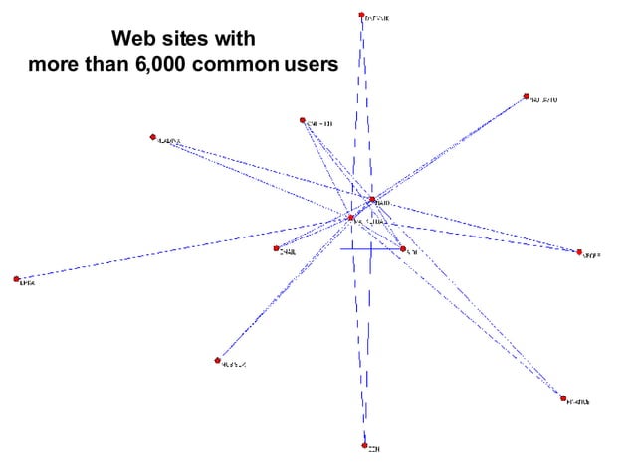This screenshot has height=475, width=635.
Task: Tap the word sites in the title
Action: click(x=182, y=40)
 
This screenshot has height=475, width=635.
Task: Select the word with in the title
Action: click(x=234, y=40)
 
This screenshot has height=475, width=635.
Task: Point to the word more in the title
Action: click(x=56, y=65)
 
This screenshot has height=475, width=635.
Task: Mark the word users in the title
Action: click(x=312, y=65)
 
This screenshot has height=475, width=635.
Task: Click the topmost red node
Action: click(x=361, y=16)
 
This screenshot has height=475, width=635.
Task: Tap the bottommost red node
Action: click(x=365, y=446)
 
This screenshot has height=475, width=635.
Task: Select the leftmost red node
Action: click(x=17, y=279)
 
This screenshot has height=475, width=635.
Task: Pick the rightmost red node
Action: click(x=579, y=252)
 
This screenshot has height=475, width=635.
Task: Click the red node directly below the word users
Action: click(x=302, y=121)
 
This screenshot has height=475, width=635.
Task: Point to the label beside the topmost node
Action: click(x=377, y=18)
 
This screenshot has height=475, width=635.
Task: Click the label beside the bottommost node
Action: click(x=375, y=449)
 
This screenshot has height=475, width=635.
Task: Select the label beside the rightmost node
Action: click(x=592, y=255)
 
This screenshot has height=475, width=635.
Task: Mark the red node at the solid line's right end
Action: click(x=403, y=249)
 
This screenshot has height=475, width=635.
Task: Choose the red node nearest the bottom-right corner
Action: click(x=563, y=398)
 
